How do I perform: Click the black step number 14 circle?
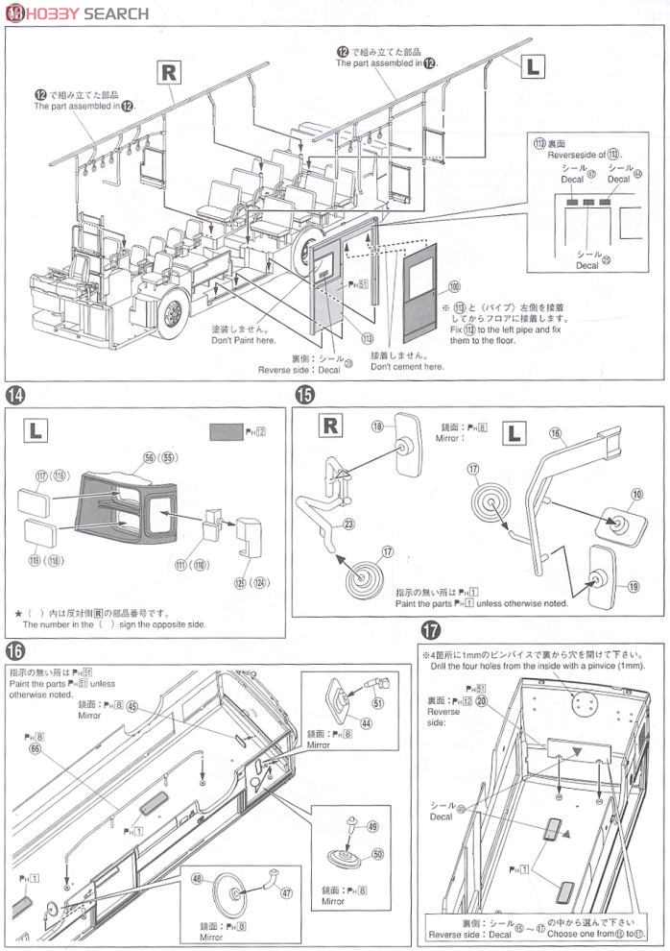tap(14, 395)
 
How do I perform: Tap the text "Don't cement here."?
tap(407, 366)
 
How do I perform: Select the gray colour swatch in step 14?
tap(226, 432)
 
